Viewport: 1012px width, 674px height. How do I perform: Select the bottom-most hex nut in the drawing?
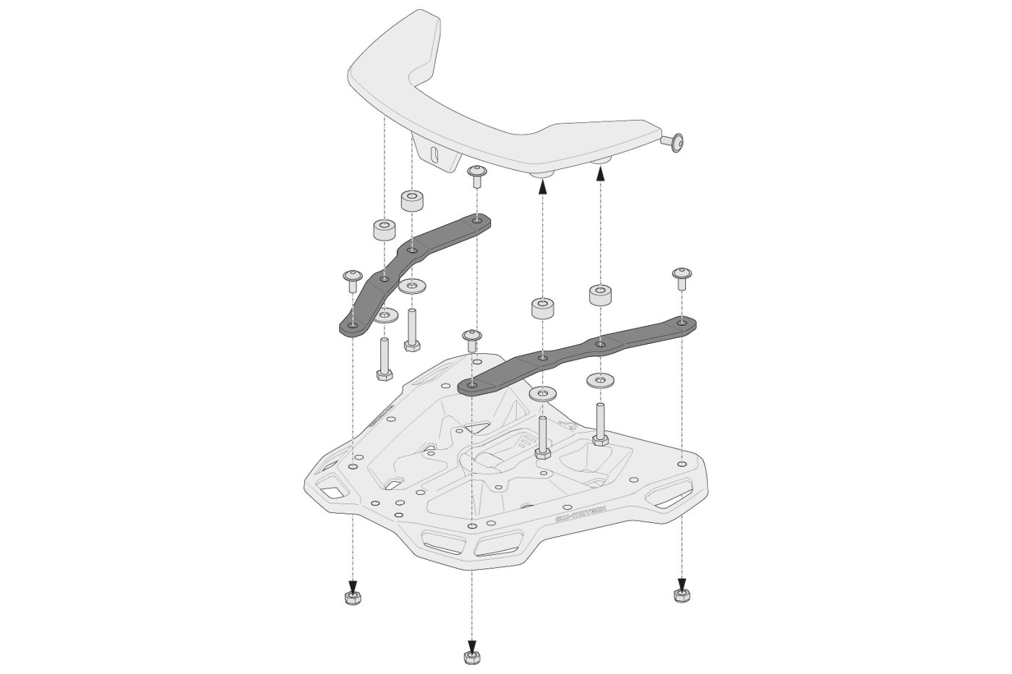point(471,656)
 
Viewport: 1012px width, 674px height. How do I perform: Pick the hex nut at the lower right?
point(680,595)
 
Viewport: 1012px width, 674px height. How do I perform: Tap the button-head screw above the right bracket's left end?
point(471,340)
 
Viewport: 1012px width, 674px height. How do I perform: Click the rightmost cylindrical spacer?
point(600,295)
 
